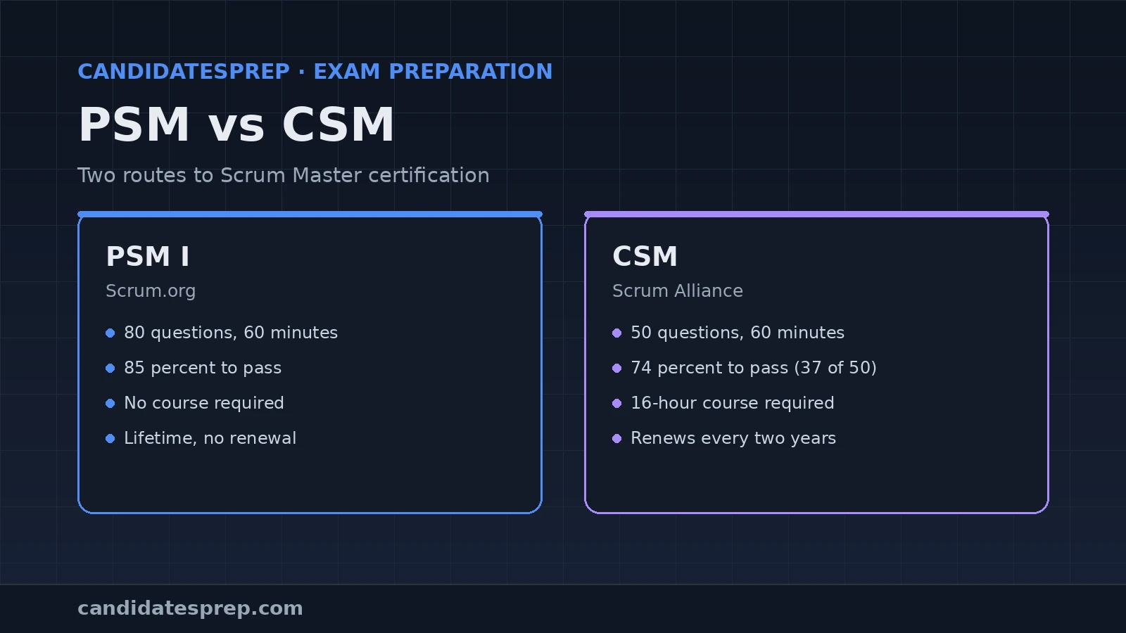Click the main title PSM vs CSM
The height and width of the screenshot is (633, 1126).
[x=236, y=125]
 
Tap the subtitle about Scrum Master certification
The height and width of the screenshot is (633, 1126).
[x=284, y=175]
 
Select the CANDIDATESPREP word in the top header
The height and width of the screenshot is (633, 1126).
[x=184, y=71]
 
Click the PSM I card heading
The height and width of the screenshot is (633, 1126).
[x=148, y=256]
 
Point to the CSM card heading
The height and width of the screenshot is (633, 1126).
[x=645, y=256]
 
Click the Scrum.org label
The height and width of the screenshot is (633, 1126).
[x=151, y=291]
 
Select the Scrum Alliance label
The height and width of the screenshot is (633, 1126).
[x=678, y=291]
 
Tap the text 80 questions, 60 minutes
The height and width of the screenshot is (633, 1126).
[x=231, y=333]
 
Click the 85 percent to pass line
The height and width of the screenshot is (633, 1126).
[x=203, y=368]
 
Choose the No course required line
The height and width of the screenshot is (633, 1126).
[x=204, y=403]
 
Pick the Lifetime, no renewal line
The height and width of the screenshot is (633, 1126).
[x=210, y=438]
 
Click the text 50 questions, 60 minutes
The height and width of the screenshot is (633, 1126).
[x=738, y=333]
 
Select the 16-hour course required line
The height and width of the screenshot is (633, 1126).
[x=733, y=403]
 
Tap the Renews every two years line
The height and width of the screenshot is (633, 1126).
[x=733, y=438]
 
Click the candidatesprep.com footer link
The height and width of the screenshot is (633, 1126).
[x=190, y=608]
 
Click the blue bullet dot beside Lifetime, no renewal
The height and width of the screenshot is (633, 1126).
[x=110, y=439]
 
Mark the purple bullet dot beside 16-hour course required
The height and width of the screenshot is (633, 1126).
[x=616, y=404]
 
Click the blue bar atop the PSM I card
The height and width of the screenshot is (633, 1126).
[x=310, y=214]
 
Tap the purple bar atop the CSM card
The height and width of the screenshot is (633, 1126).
[x=816, y=214]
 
